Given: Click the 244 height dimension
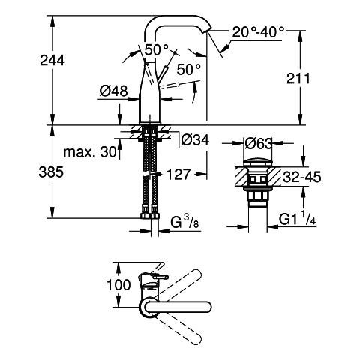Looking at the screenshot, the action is click(x=52, y=61).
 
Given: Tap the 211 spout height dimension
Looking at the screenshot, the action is click(x=298, y=78).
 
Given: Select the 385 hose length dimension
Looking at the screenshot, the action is click(x=51, y=172).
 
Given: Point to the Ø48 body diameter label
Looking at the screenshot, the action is click(x=113, y=91).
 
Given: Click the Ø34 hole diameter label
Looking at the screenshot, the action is click(x=195, y=140).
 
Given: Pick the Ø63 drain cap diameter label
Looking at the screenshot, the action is click(x=258, y=143).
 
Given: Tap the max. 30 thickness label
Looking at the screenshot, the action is click(x=90, y=151).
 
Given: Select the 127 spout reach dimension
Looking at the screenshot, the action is click(x=178, y=174).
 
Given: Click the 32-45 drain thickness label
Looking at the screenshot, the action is click(x=302, y=177).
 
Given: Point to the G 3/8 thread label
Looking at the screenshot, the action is click(x=184, y=221).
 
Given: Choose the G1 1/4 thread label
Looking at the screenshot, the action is click(x=297, y=218).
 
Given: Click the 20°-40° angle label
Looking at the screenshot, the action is click(x=258, y=32).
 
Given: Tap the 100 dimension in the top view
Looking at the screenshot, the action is click(x=118, y=285).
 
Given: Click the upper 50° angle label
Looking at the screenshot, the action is click(x=157, y=49).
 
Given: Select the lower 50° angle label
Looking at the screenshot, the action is click(x=189, y=69).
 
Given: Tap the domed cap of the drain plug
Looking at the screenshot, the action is click(x=258, y=162).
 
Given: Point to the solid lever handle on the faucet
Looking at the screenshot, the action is click(x=163, y=73).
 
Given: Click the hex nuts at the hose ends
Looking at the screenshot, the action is click(x=150, y=216).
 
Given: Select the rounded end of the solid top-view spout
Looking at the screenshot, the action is click(x=208, y=307).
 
